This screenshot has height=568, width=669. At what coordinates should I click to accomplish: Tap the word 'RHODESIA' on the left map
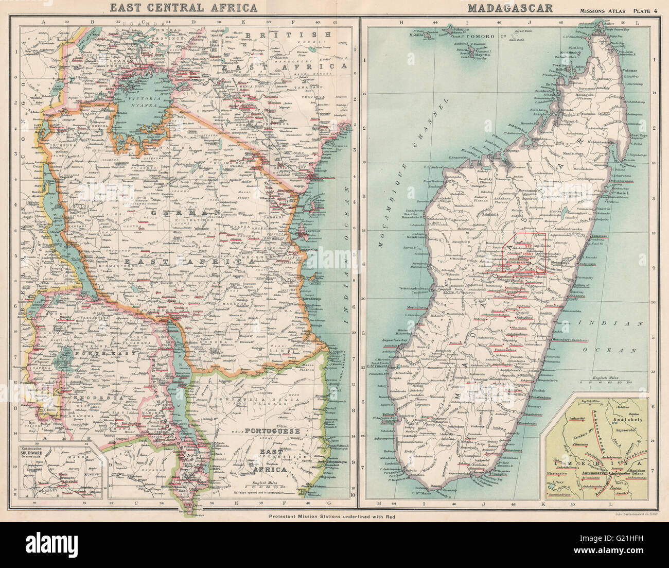[78, 399]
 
